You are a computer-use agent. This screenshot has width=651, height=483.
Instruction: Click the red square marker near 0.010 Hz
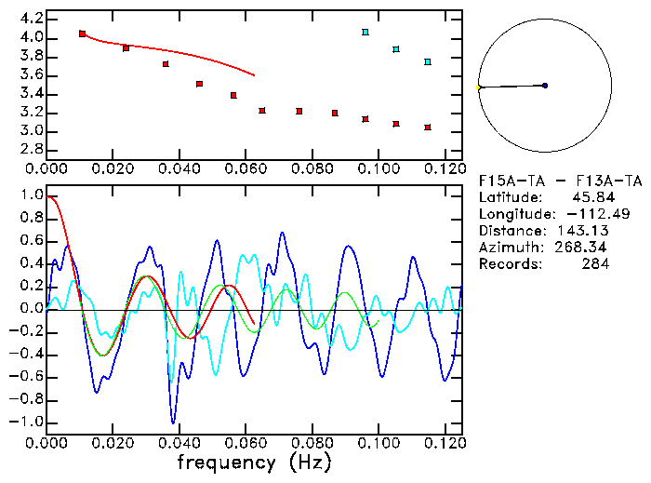tap(83, 34)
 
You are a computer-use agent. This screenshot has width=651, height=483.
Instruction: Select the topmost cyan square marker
tap(365, 33)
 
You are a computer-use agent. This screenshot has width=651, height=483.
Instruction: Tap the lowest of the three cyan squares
tap(428, 61)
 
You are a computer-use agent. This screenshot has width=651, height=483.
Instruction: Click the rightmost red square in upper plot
tap(428, 127)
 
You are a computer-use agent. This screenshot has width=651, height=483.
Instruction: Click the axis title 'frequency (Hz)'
tap(254, 463)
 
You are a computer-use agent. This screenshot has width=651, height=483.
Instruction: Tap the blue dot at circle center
tap(545, 86)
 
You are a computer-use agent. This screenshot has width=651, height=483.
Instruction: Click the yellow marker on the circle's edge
tap(479, 87)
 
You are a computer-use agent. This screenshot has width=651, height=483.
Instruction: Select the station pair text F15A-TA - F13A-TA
tap(560, 181)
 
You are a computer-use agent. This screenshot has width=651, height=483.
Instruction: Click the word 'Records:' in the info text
tap(509, 264)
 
